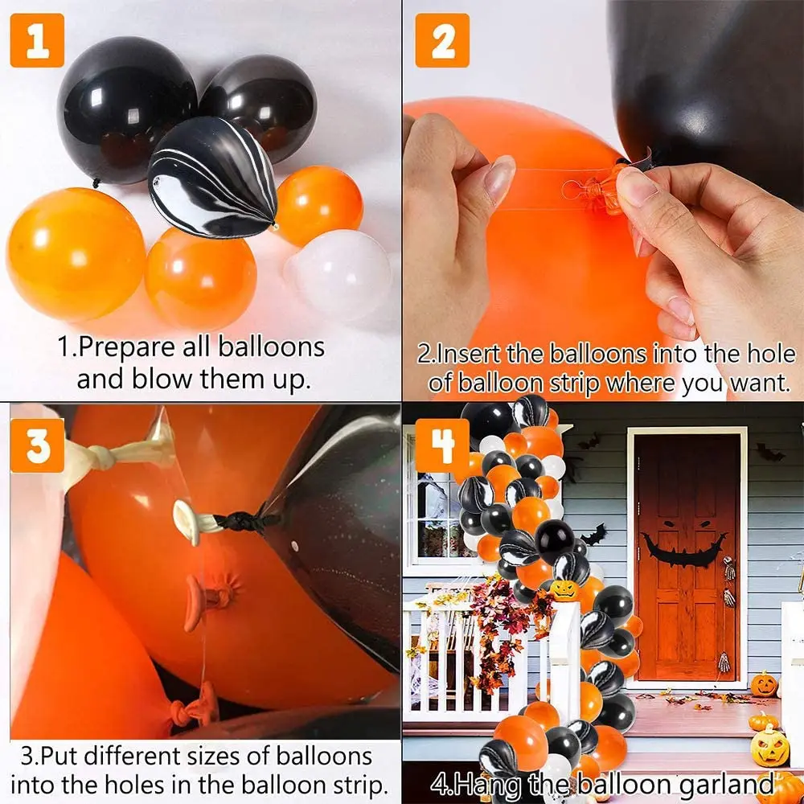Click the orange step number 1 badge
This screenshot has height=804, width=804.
pos(37,40)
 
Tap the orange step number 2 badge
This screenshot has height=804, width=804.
pos(442,40)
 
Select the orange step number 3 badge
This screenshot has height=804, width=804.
pos(38,445)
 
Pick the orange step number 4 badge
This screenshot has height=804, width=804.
pos(442,445)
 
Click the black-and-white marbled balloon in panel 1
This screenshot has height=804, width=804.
pos(213,177)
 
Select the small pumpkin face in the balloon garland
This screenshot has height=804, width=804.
pos(564,590)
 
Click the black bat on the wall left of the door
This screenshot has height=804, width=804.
pos(594,535)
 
